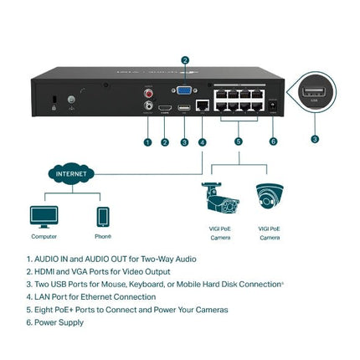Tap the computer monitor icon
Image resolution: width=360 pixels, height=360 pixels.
click(44, 216)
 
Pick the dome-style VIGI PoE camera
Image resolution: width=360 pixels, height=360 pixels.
click(270, 198)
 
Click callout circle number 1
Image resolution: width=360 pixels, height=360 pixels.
click(147, 142)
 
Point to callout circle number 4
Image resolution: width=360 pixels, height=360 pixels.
click(202, 142)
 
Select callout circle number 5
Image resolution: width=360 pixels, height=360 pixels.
click(238, 142)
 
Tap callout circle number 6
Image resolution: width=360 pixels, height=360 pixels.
click(273, 142)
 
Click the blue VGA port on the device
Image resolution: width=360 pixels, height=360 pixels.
click(184, 90)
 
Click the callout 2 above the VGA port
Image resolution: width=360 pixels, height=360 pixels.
click(185, 59)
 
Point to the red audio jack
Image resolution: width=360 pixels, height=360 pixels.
click(149, 93)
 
